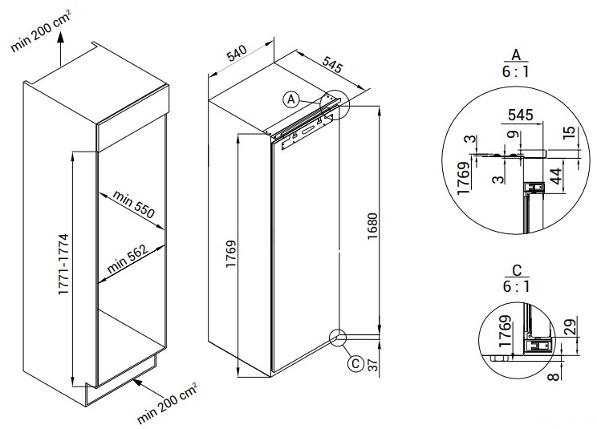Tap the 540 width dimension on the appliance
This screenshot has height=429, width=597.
(236, 55)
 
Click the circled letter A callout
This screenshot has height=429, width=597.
(291, 99)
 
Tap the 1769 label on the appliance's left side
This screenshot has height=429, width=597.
(231, 259)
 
